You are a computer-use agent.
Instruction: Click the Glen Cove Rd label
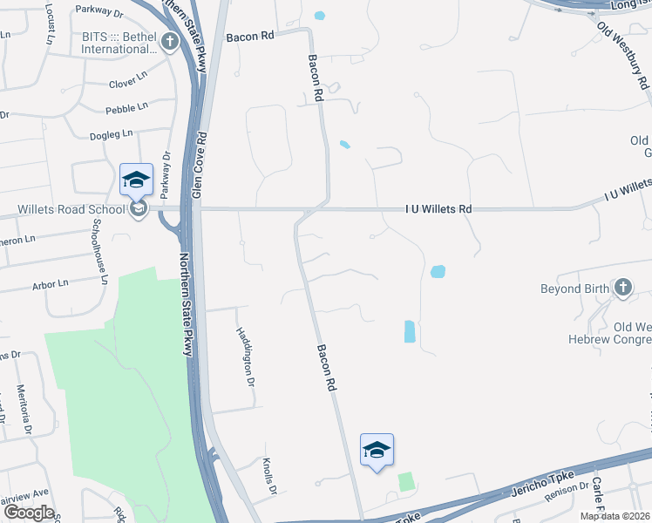(x=199, y=165)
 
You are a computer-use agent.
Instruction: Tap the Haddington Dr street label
(x=246, y=357)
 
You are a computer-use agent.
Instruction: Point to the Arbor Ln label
(x=50, y=284)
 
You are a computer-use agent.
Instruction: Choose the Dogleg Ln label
(x=112, y=134)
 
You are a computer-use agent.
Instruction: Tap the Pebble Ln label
(x=126, y=108)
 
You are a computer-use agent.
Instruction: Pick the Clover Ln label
(x=130, y=84)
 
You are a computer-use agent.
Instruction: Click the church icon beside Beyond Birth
(x=623, y=287)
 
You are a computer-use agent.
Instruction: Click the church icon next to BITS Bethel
(x=171, y=42)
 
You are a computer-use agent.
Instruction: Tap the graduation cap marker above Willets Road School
(x=137, y=180)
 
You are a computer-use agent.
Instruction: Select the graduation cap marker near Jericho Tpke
(x=377, y=450)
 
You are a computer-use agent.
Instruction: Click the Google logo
(x=29, y=512)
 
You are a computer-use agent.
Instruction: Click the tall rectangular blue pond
(x=410, y=331)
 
